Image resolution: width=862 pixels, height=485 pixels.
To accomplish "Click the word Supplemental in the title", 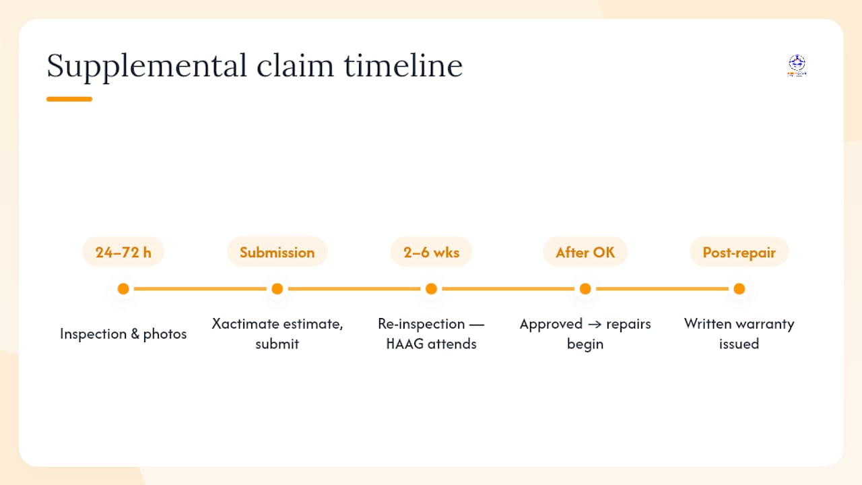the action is click(x=147, y=66).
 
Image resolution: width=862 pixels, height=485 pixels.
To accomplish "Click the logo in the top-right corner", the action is click(x=797, y=65).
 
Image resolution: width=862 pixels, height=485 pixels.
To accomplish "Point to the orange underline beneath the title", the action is click(x=69, y=99).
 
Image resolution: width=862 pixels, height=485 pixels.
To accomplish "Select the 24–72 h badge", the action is click(x=123, y=252).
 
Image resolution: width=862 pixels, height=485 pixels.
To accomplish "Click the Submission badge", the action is click(x=277, y=252).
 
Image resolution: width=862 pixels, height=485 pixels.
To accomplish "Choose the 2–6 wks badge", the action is click(x=432, y=252).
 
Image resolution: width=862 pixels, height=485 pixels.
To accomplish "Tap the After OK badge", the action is click(x=585, y=252).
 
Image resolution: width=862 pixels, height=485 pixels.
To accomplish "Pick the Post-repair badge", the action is click(x=739, y=252).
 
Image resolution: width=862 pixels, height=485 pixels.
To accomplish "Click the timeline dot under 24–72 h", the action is click(x=123, y=289).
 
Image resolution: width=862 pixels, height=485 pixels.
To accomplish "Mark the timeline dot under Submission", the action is click(x=277, y=289).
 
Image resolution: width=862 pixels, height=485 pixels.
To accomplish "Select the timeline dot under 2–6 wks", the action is click(x=432, y=289).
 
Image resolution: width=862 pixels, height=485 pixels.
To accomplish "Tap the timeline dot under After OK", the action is click(x=585, y=289).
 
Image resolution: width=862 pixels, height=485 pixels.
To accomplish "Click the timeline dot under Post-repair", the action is click(x=739, y=289).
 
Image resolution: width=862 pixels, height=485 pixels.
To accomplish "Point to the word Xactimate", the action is click(x=246, y=324).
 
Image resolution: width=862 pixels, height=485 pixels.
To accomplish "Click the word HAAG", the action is click(x=405, y=344).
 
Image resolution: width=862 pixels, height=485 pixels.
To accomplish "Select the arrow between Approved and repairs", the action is click(x=595, y=325).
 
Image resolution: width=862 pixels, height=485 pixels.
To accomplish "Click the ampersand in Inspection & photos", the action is click(x=135, y=333).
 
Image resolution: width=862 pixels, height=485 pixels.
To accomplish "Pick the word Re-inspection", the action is click(x=422, y=325).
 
